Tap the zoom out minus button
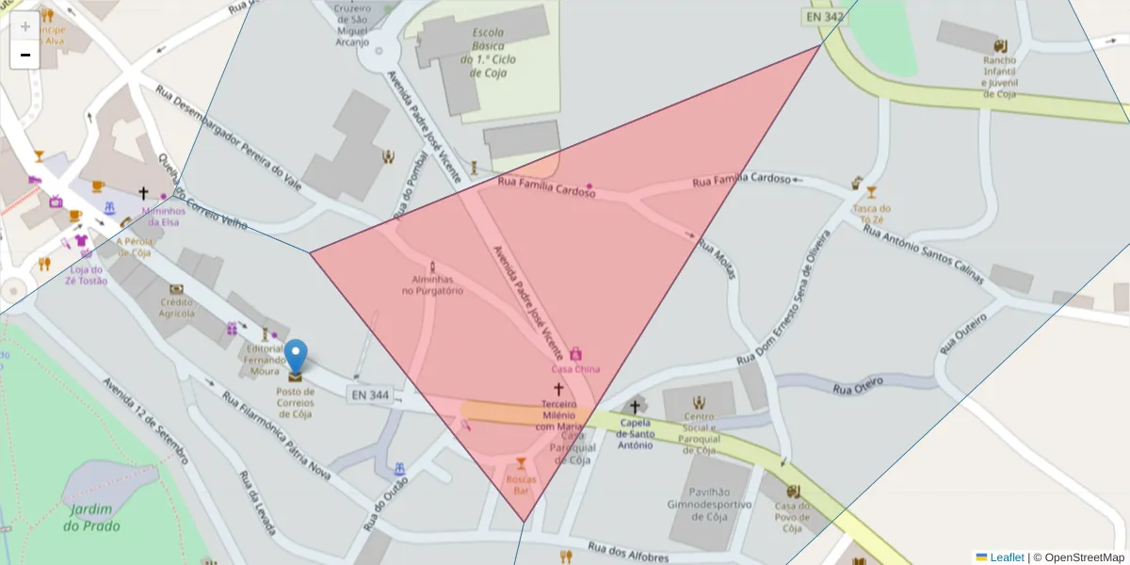point(25,55)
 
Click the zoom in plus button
point(25,26)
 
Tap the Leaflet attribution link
point(1007,557)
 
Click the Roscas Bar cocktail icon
point(521,463)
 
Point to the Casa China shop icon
point(575,353)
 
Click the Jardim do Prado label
point(91,517)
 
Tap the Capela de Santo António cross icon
point(635,407)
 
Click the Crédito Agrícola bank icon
point(176,289)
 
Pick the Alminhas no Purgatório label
point(432,285)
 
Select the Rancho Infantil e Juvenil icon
point(999,45)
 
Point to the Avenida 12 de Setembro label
point(146,423)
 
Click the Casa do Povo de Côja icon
point(793,492)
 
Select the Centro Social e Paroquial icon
point(699,403)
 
